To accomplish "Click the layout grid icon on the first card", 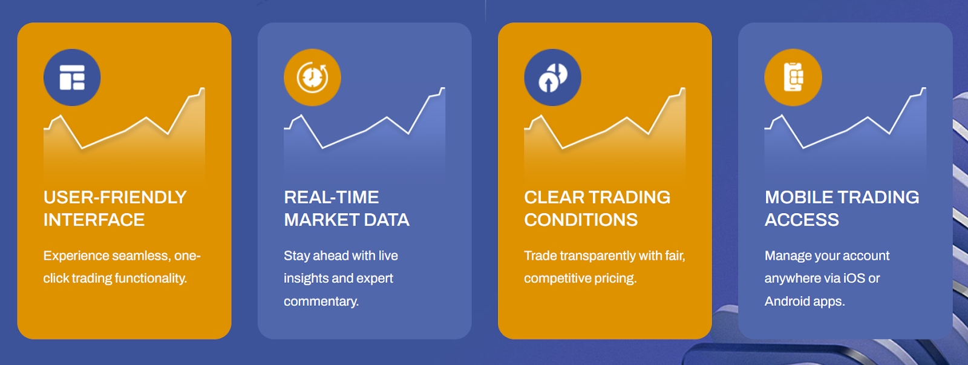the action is [x=72, y=77].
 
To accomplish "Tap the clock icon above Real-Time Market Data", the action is [x=312, y=77].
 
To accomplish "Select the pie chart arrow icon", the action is [x=553, y=78].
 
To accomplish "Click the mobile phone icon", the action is [x=793, y=77].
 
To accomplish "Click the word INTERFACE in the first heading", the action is [x=94, y=220].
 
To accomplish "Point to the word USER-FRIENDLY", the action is [x=115, y=198].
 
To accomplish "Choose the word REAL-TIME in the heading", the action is [x=332, y=198].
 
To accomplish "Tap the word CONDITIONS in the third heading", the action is [x=581, y=220].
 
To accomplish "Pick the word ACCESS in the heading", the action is [x=802, y=220].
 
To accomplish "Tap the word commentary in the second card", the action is [x=321, y=301].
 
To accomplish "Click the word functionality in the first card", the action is [x=151, y=278].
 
